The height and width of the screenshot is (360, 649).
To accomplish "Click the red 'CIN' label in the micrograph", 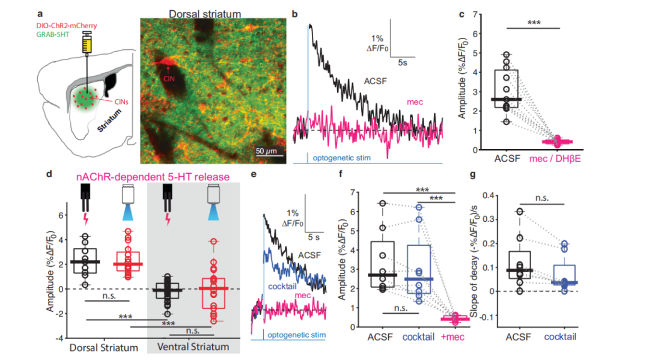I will (171, 76).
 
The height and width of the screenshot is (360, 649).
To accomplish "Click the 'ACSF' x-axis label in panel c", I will (505, 159).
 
